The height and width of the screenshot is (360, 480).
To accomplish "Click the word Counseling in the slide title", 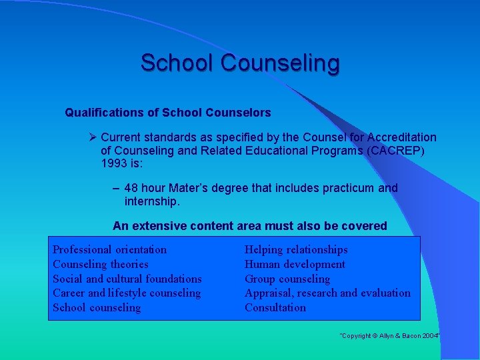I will (280, 63).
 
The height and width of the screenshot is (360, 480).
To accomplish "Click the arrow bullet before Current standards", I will (93, 137).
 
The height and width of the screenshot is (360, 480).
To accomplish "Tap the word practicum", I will (349, 188).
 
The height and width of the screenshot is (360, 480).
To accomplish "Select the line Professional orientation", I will (110, 249).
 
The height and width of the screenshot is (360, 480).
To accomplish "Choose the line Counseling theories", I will (101, 264).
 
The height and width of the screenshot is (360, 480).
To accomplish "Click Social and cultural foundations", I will (127, 279).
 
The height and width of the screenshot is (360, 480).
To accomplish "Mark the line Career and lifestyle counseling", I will (127, 293).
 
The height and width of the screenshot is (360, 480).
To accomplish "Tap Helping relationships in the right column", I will (296, 249).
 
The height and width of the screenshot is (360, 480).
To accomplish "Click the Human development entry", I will (295, 264).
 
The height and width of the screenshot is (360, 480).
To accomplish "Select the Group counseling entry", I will (287, 279).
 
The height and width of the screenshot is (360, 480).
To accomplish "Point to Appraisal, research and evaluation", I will (327, 293).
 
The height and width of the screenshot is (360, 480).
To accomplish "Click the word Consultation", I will (275, 307).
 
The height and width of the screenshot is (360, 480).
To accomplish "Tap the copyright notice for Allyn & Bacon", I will (391, 336).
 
